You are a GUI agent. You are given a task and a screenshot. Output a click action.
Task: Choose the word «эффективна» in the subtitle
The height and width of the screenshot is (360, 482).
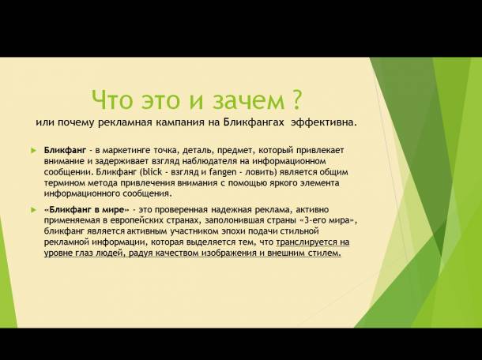(x=324, y=123)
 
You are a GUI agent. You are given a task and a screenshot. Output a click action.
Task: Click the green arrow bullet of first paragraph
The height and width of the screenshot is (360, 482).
(x=33, y=150)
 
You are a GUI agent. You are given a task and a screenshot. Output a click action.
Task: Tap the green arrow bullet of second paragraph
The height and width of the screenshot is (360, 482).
(x=33, y=209)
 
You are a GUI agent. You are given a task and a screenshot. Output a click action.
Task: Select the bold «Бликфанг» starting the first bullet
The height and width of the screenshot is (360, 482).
(x=65, y=149)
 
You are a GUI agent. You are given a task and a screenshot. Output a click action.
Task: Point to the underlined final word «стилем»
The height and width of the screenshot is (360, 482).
(x=323, y=253)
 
